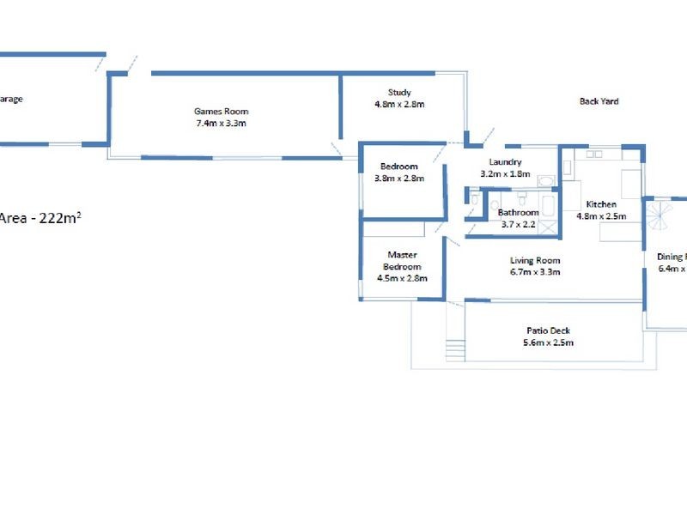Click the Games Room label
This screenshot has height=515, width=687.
[221, 111]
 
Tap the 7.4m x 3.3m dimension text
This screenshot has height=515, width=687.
[221, 123]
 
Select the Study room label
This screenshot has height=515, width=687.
[399, 93]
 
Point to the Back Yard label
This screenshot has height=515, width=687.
[599, 101]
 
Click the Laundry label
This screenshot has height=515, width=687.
[506, 162]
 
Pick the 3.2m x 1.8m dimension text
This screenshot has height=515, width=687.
[506, 173]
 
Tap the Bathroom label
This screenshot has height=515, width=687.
[518, 212]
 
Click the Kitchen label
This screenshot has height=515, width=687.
[601, 204]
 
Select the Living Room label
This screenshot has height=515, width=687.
[535, 261]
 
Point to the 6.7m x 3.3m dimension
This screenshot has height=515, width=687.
[535, 272]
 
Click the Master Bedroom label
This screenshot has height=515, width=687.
[402, 260]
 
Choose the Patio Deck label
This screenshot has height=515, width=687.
[548, 331]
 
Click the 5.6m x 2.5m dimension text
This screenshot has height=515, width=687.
[548, 342]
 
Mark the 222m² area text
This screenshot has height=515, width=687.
[52, 218]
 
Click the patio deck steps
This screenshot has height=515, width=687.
[454, 350]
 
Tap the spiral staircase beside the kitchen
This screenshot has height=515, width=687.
[657, 215]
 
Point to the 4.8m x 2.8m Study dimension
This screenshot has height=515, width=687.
[399, 104]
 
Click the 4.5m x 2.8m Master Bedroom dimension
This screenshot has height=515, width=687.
[402, 277]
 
